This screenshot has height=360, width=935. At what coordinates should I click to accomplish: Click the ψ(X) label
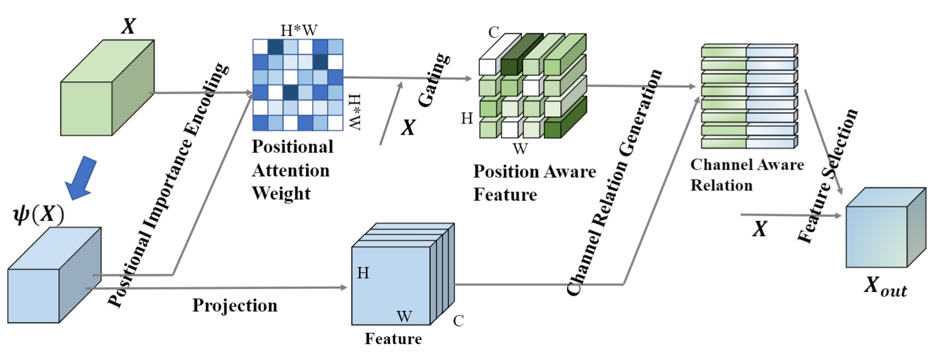pos(38,214)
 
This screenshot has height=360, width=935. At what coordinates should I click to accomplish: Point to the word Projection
pos(234,305)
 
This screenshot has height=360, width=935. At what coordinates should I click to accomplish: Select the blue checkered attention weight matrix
pos(298,85)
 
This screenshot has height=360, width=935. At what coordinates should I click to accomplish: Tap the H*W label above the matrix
pos(298,30)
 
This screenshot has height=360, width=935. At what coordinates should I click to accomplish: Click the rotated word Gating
pos(434,80)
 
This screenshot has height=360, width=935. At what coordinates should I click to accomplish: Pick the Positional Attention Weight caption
pos(292,170)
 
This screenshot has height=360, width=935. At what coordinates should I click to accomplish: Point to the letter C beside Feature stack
pos(459,321)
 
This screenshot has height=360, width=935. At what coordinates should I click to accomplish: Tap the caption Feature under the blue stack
pos(393,339)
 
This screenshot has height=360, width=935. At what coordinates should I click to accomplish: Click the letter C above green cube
pos(494,32)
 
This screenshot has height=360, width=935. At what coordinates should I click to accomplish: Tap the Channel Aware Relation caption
pos(746,175)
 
